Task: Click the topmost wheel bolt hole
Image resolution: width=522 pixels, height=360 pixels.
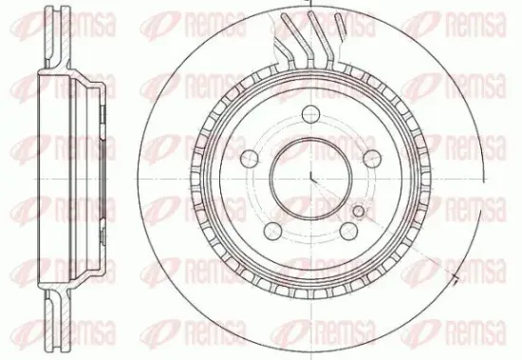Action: [310, 114]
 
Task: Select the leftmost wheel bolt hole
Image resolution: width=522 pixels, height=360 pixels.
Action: [249, 159]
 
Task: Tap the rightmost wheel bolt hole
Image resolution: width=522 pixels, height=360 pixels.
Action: [372, 159]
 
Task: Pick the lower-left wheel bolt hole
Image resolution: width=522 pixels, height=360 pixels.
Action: [272, 231]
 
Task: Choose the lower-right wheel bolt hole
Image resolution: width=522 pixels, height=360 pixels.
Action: [348, 231]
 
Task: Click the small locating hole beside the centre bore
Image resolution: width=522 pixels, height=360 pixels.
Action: [359, 211]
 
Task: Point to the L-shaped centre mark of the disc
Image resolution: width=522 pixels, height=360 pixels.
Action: [313, 177]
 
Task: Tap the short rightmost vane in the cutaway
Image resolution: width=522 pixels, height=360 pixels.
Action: [340, 24]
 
